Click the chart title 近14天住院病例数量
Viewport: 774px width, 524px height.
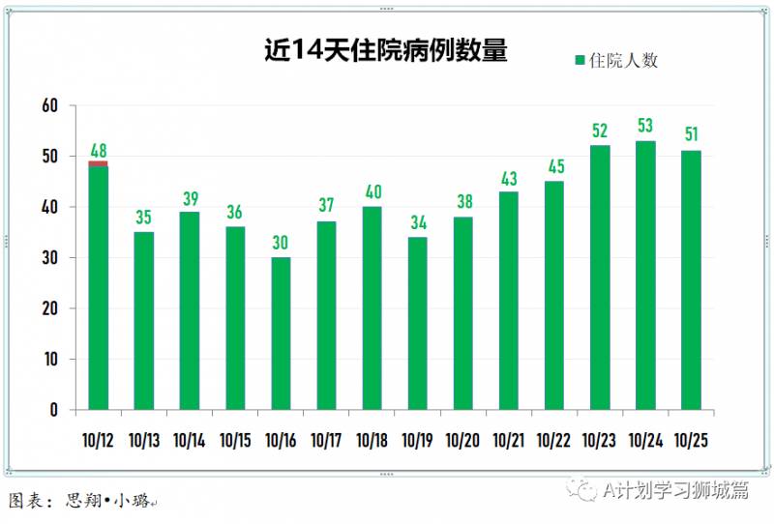click(x=386, y=50)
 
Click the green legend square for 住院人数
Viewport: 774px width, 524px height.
click(x=580, y=60)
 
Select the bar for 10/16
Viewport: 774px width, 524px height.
click(x=281, y=334)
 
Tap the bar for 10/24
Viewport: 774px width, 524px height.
click(x=645, y=276)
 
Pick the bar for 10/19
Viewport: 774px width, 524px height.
click(x=418, y=323)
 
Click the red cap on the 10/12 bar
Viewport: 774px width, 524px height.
click(x=98, y=163)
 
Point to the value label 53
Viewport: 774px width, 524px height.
click(x=645, y=127)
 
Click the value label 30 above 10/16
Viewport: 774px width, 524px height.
click(x=281, y=243)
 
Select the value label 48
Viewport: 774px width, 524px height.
click(x=98, y=150)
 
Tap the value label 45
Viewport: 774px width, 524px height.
click(x=554, y=167)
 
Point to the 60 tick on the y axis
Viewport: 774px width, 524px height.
click(x=50, y=105)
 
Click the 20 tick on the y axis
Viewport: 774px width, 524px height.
click(x=50, y=308)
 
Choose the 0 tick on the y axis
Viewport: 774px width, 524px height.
click(x=54, y=410)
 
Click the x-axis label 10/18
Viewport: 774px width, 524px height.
click(x=372, y=441)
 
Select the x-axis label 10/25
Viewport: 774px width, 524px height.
click(x=691, y=441)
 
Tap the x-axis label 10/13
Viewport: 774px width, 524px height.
click(x=143, y=441)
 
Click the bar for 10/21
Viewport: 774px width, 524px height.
click(x=509, y=301)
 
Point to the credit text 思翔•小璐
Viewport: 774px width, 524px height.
click(x=106, y=501)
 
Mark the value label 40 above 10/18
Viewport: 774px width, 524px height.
click(x=372, y=192)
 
